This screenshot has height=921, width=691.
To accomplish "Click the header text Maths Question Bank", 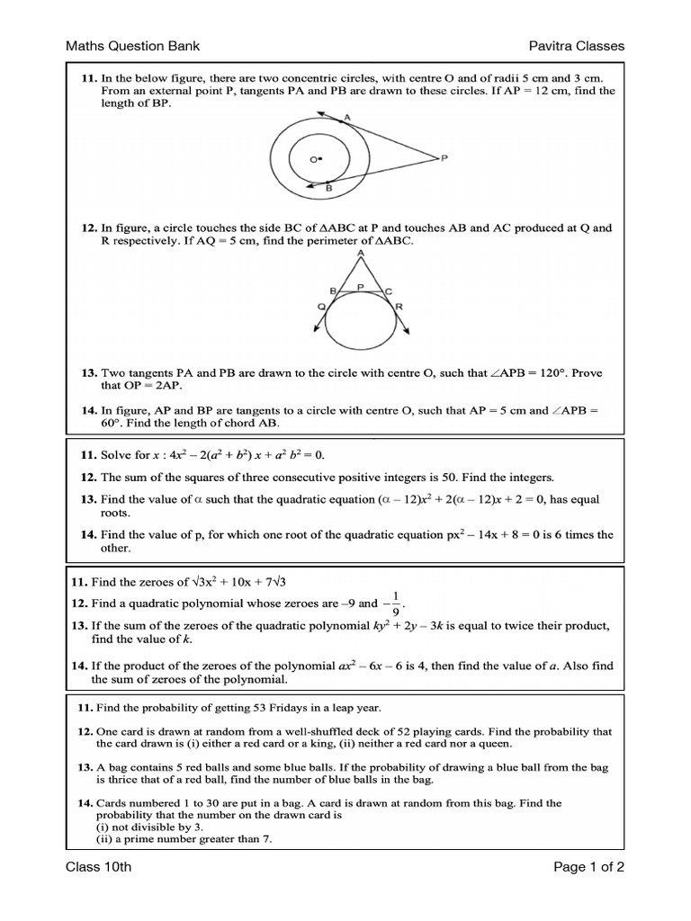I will [x=132, y=46].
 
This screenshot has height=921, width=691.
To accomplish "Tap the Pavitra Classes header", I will [x=577, y=46].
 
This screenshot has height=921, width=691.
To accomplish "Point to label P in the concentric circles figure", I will [x=443, y=158].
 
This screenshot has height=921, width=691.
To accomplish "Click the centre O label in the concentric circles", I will [x=314, y=159].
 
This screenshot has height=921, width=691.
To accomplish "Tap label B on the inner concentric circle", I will [x=328, y=189].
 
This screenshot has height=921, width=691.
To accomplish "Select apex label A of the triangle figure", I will [x=361, y=254].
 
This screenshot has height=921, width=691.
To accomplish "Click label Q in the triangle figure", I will [x=320, y=307].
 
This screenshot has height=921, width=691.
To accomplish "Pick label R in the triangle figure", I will [x=399, y=307].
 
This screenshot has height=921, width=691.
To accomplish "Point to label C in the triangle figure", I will [x=388, y=291].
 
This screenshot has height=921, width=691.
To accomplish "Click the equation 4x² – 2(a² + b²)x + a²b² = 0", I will [x=236, y=455].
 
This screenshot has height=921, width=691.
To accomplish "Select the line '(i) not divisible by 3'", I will [x=147, y=827].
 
